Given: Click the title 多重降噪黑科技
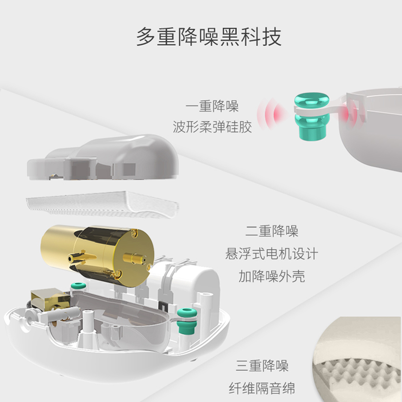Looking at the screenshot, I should tap(209, 37).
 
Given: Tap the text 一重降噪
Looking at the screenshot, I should tap(212, 107).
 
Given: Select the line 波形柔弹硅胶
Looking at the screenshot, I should tap(212, 127).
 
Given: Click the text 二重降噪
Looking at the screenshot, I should tap(272, 232).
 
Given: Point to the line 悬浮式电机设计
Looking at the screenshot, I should tap(272, 254).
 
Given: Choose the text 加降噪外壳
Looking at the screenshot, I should tap(272, 276).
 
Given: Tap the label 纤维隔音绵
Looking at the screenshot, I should tap(262, 388).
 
